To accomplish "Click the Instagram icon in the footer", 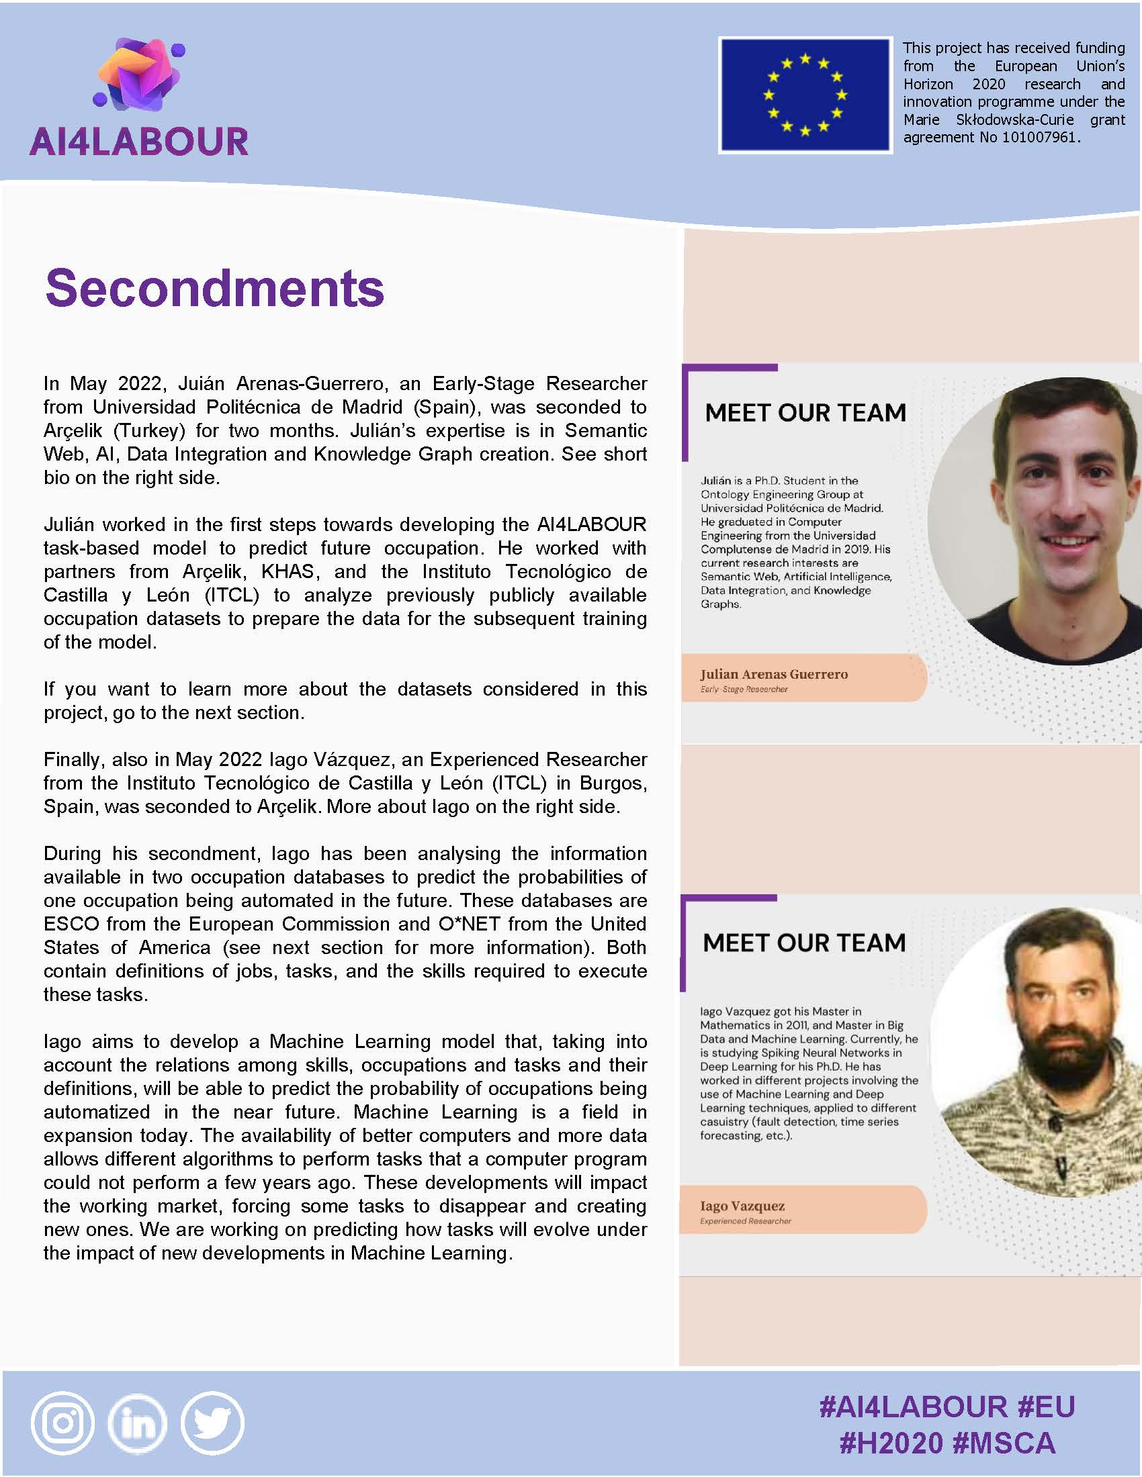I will click(63, 1422).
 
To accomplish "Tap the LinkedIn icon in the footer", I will click(137, 1422).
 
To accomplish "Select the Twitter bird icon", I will click(212, 1422).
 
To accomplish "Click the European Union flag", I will click(804, 95).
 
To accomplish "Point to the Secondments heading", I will click(214, 288).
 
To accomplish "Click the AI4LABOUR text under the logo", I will click(138, 142).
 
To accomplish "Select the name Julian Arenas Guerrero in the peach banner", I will click(774, 673).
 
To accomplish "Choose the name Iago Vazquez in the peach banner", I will click(742, 1206).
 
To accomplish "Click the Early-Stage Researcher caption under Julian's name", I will click(744, 689).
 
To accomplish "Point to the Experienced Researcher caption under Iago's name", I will click(746, 1221).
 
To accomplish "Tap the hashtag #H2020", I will click(891, 1443).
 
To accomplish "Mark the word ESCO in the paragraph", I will click(72, 924).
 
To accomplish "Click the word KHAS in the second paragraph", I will click(288, 571).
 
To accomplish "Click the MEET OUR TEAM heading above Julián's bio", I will click(805, 412).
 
